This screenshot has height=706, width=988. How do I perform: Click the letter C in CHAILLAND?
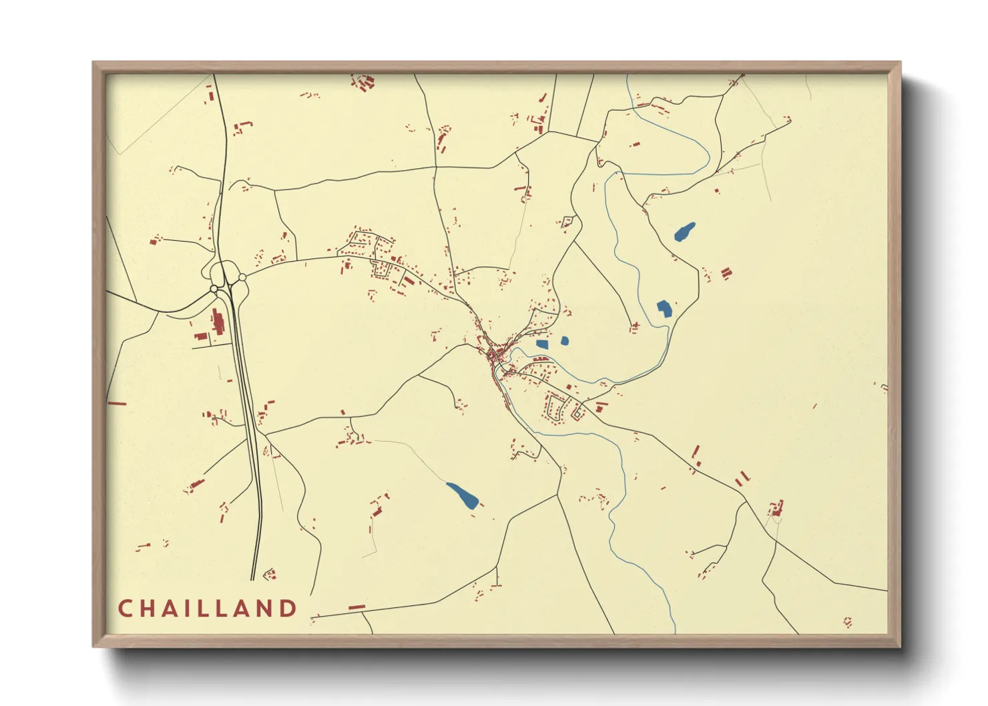pos(124,609)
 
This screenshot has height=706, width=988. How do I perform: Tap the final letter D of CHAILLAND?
pos(288,609)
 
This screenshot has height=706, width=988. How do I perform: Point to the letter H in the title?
pos(148,609)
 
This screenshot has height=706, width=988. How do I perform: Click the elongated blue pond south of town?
pos(462,495)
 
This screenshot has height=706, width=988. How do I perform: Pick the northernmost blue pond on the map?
pos(684,232)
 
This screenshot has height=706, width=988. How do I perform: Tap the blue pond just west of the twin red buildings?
pos(664,308)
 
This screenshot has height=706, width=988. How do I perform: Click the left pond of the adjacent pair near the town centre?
pos(542,344)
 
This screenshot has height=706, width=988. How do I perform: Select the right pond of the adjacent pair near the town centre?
pos(565,341)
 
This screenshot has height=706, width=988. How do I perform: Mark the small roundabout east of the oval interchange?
pos(242,277)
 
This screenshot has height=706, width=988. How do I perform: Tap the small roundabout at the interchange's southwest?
pos(214,289)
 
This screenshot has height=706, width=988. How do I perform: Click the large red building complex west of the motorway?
pos(217,323)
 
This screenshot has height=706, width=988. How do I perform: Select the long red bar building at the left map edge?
pos(117,403)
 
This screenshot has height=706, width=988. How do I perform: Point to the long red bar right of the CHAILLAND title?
pos(357,607)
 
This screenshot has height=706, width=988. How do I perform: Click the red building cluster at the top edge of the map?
pos(362,83)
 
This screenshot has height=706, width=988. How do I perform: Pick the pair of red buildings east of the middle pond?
pos(726,273)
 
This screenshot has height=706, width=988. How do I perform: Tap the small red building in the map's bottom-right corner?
pos(847,622)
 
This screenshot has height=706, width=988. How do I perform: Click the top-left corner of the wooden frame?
pos(93,63)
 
